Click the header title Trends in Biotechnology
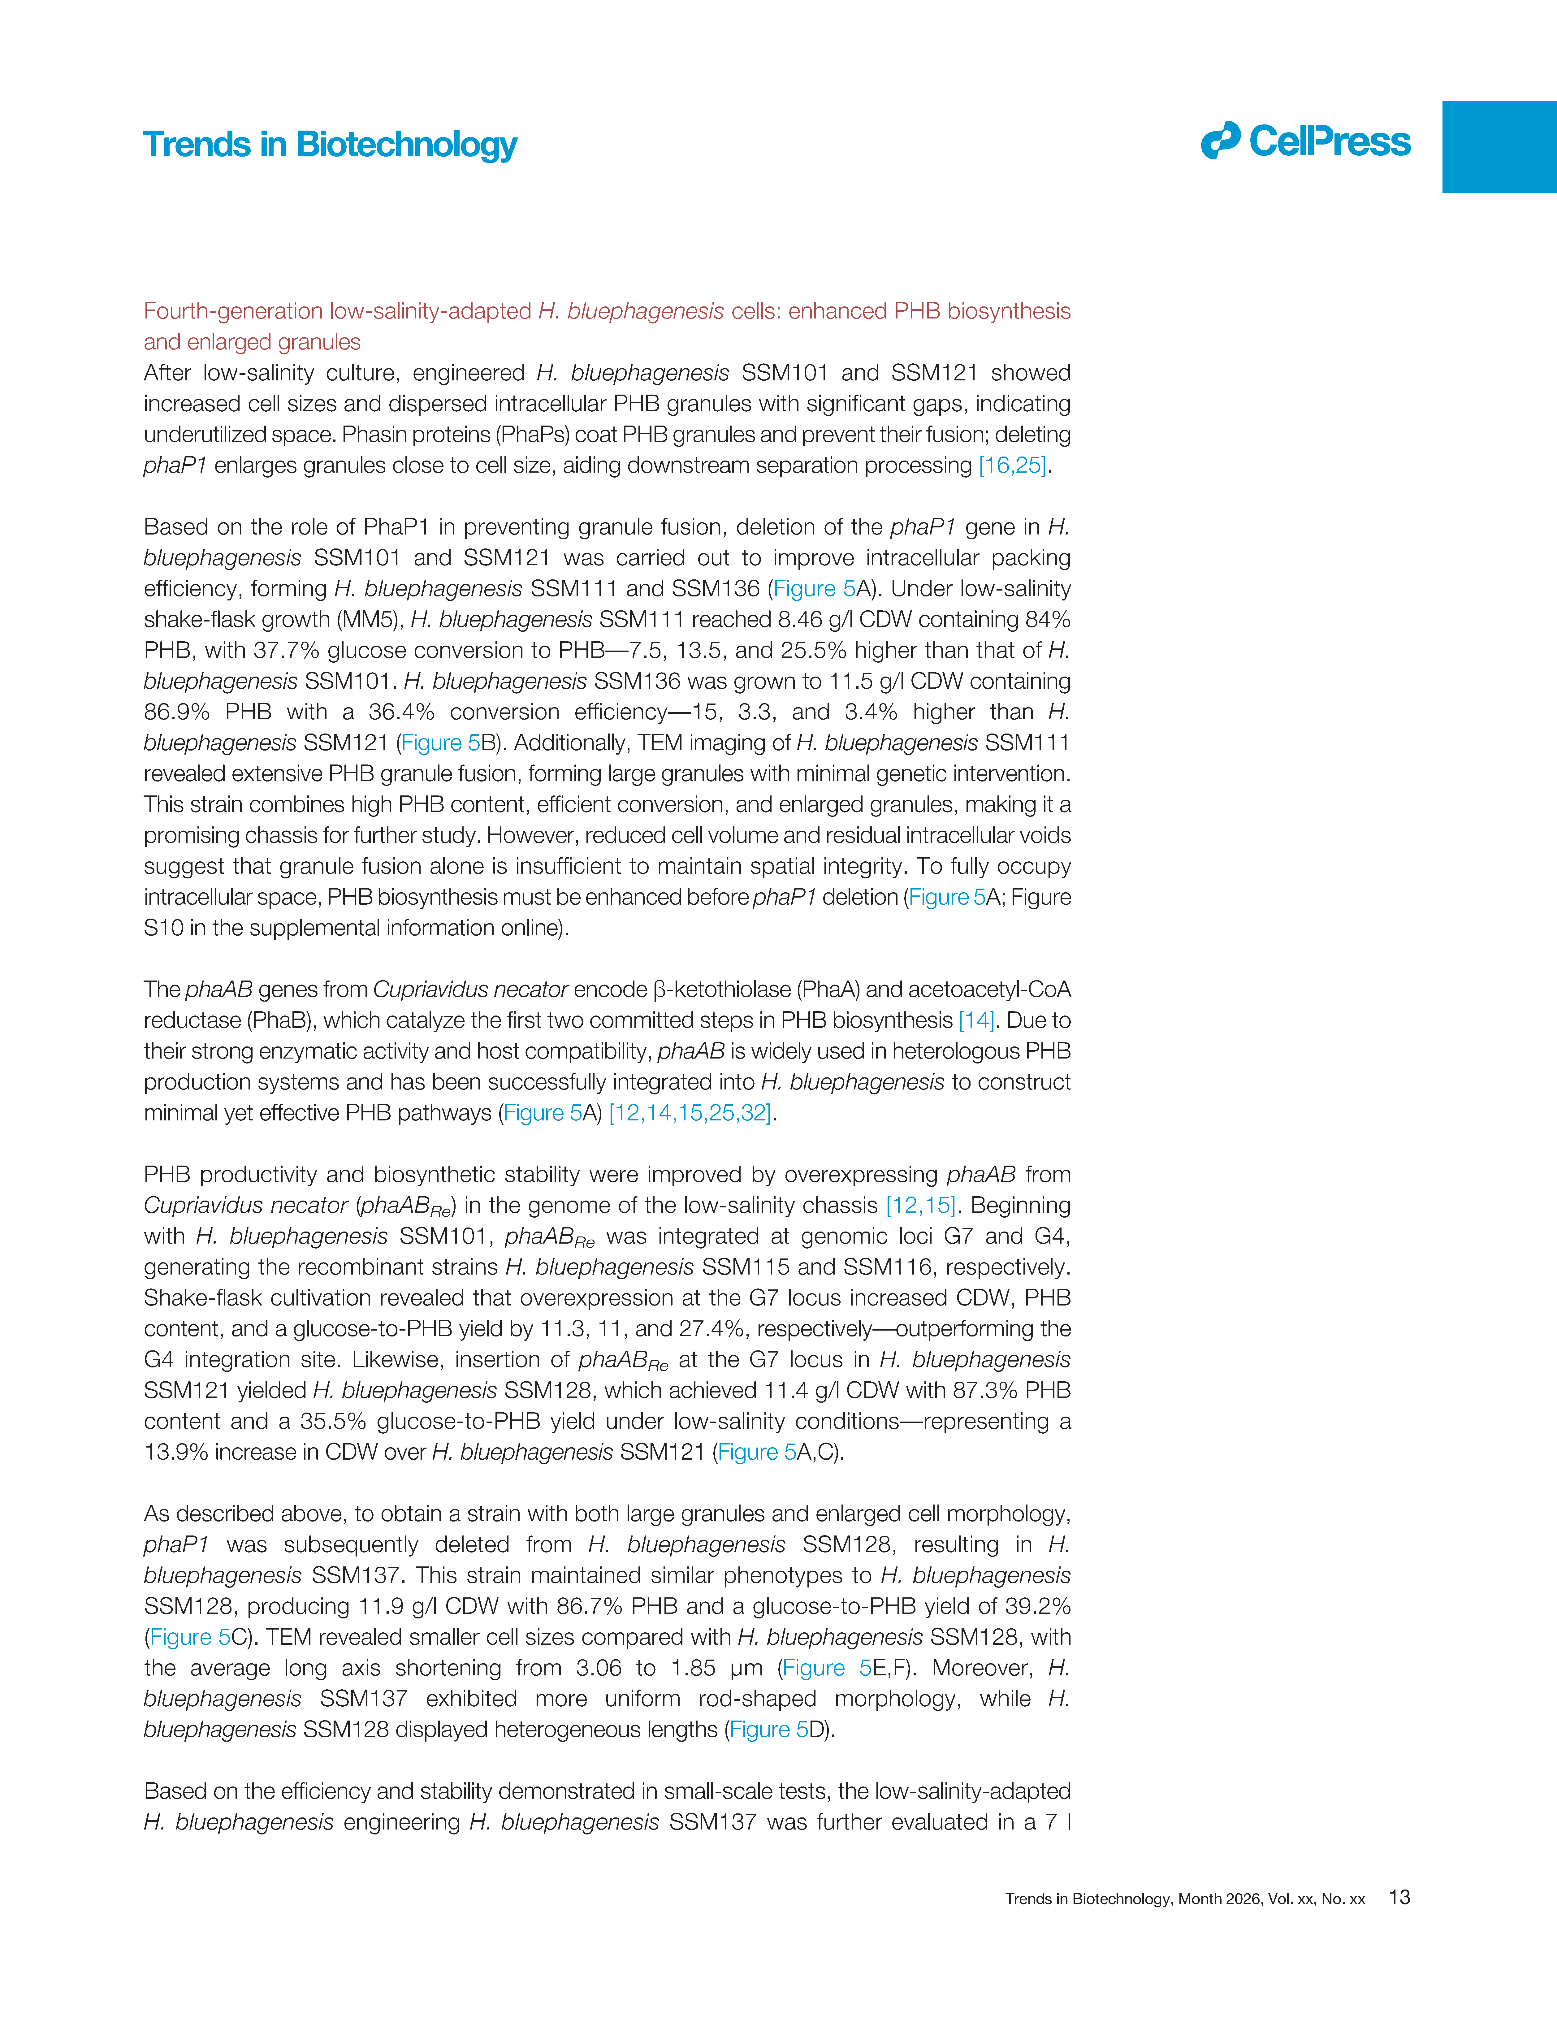330,145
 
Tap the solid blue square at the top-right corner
1499,147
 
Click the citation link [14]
976,1020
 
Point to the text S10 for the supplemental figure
162,928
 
